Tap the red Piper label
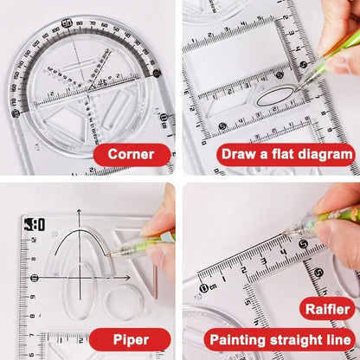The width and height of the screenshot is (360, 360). (x=131, y=338)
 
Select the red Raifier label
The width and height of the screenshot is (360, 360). (x=326, y=309)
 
